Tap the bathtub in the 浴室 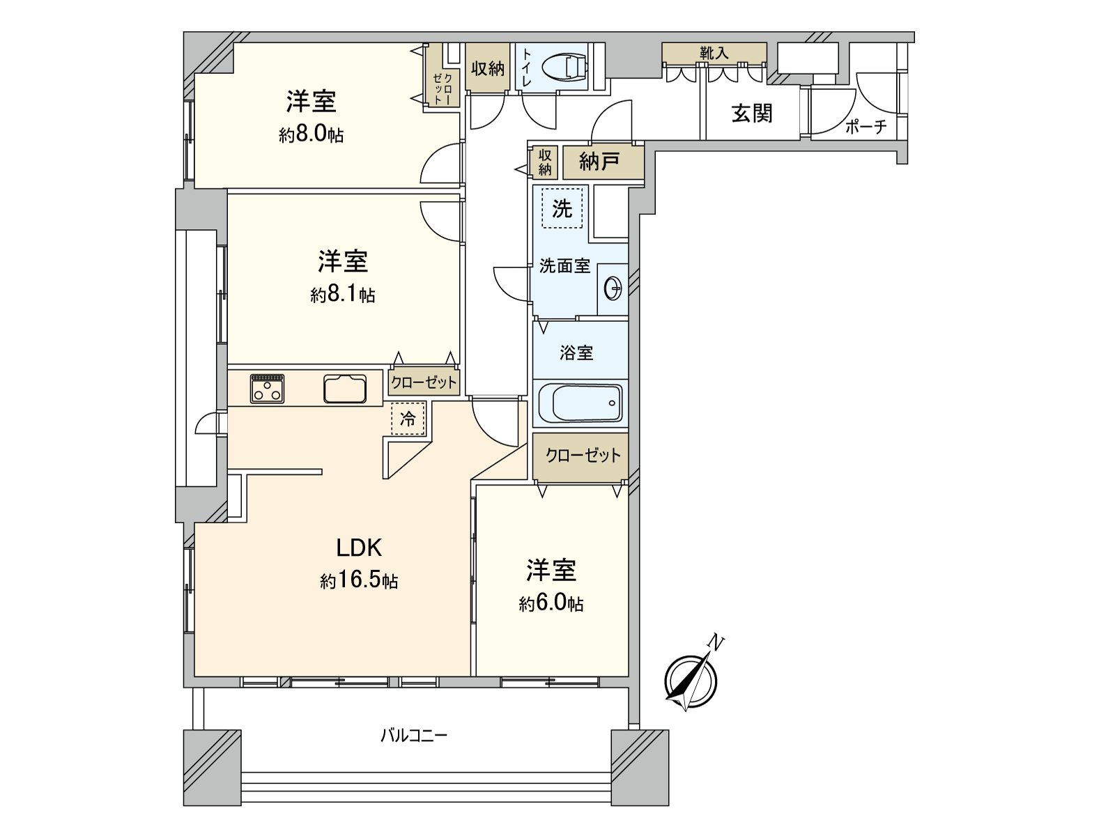580,403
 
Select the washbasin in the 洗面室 613,288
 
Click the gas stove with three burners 267,388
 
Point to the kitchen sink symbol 345,389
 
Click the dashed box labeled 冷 408,419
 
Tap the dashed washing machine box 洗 562,208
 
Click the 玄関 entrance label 752,113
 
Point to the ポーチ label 866,127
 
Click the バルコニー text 414,736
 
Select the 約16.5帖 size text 359,580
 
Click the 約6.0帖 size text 551,603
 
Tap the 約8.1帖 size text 342,295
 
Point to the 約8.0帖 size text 311,134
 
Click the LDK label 359,548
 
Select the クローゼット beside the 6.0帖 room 583,456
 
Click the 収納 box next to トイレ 487,68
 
